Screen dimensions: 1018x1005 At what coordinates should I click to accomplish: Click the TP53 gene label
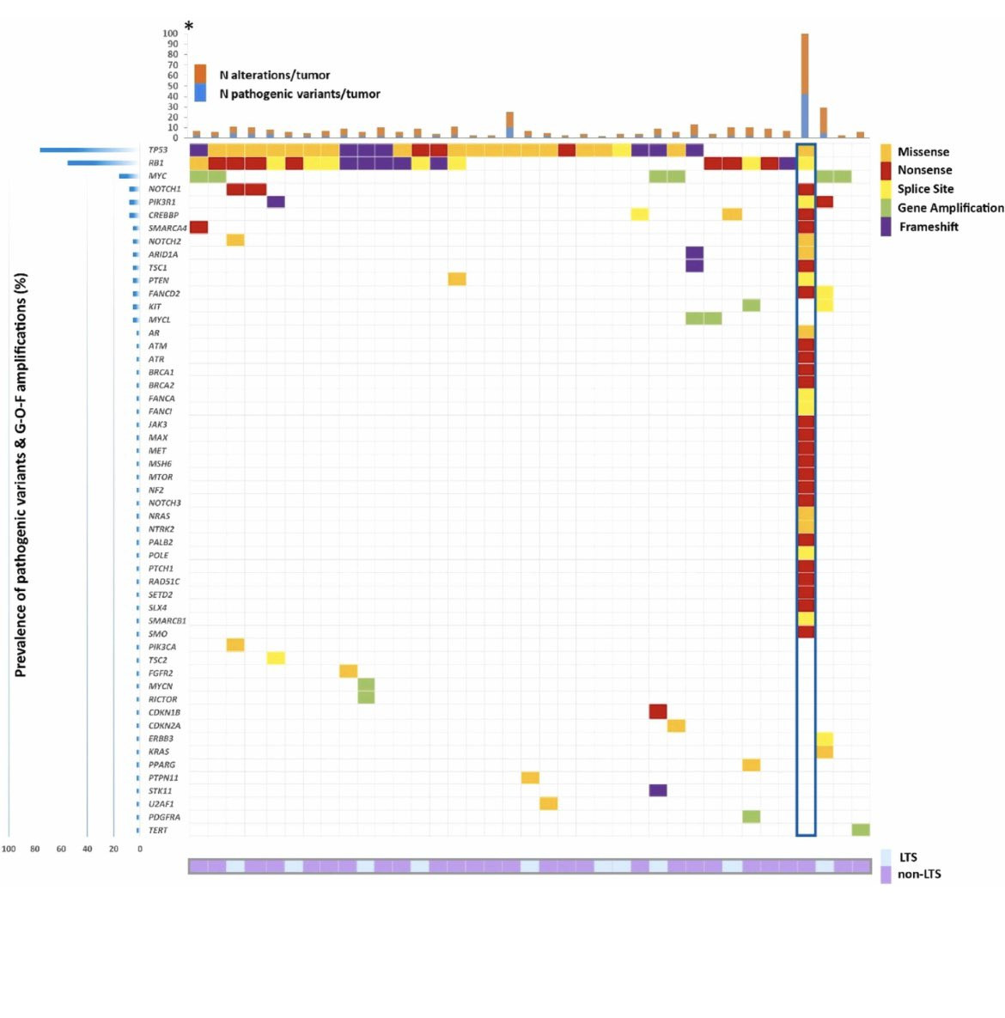pyautogui.click(x=157, y=150)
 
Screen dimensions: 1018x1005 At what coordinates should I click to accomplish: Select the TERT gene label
pyautogui.click(x=157, y=831)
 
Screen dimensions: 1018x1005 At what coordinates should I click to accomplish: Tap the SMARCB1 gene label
pyautogui.click(x=167, y=621)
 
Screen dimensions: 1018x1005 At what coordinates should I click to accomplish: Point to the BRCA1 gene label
pyautogui.click(x=161, y=373)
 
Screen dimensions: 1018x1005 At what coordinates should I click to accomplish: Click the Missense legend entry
pyautogui.click(x=923, y=152)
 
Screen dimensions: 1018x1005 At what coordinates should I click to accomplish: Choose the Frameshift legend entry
pyautogui.click(x=928, y=227)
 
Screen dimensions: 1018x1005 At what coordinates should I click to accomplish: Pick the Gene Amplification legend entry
pyautogui.click(x=949, y=208)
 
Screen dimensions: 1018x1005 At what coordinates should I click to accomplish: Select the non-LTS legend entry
pyautogui.click(x=918, y=875)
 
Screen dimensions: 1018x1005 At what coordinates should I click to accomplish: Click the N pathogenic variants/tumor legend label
pyautogui.click(x=299, y=94)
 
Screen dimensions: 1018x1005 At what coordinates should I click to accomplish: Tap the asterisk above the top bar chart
pyautogui.click(x=189, y=27)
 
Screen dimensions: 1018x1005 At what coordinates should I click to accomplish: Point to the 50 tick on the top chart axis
pyautogui.click(x=173, y=86)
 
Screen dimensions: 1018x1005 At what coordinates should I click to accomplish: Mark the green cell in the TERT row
pyautogui.click(x=861, y=830)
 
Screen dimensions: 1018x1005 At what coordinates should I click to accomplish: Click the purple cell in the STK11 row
pyautogui.click(x=658, y=790)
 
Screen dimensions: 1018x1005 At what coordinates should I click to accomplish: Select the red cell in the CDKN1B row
pyautogui.click(x=658, y=712)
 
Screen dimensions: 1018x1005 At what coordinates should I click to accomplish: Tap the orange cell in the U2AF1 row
pyautogui.click(x=549, y=804)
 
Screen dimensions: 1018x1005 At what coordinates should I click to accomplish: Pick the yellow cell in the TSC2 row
pyautogui.click(x=276, y=659)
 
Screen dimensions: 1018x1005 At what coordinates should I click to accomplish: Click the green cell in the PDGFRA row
pyautogui.click(x=751, y=817)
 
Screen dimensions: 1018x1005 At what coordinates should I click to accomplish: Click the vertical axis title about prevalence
pyautogui.click(x=21, y=475)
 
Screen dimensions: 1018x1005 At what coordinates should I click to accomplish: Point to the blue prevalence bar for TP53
pyautogui.click(x=89, y=150)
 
